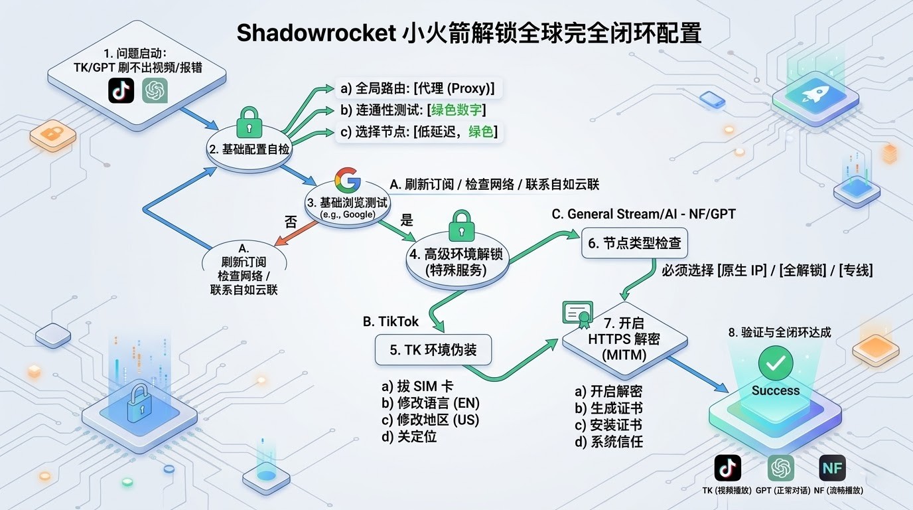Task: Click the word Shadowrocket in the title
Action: pos(316,33)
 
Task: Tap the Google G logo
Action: pos(348,179)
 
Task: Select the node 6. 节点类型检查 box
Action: pos(634,243)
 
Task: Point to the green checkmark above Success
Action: pos(776,363)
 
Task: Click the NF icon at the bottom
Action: pos(832,468)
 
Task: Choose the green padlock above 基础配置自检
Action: pos(249,122)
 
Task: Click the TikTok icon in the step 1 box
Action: pos(121,90)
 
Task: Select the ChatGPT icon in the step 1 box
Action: pos(155,90)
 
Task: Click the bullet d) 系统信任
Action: pos(608,441)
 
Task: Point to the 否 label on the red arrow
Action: pos(291,222)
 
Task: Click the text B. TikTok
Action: pos(391,321)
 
